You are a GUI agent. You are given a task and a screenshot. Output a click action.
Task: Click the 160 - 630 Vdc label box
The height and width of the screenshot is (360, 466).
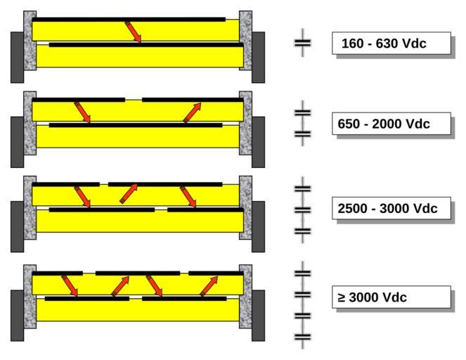click(x=391, y=43)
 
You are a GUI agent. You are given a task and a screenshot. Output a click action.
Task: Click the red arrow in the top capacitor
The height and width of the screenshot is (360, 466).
click(x=133, y=32)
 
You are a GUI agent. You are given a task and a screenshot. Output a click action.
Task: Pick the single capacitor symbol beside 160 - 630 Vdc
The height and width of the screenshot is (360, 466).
click(x=302, y=43)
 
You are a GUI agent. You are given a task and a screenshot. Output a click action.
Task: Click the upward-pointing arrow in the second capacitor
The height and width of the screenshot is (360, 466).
click(x=193, y=112)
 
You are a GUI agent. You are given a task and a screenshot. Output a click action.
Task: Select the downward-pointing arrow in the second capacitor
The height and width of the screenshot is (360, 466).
click(x=82, y=112)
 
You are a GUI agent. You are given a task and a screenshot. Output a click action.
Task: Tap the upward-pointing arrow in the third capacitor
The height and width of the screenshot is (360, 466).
click(x=129, y=193)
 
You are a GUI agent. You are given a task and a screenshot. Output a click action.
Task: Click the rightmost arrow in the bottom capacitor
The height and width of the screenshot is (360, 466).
click(x=209, y=286)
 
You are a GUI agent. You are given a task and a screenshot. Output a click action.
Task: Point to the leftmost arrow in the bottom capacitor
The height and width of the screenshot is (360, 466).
click(x=70, y=285)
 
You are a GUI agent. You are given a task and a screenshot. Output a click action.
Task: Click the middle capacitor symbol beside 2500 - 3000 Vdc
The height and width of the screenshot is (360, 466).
click(x=302, y=210)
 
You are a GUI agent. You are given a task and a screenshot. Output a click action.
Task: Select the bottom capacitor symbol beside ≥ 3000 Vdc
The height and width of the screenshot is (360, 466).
click(x=302, y=337)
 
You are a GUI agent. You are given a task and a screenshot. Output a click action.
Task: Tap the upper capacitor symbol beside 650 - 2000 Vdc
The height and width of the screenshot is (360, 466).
click(x=302, y=112)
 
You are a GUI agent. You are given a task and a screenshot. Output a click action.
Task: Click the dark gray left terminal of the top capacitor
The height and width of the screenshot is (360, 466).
click(x=18, y=57)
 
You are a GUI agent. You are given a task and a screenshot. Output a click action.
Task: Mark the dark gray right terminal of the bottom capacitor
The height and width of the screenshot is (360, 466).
click(x=258, y=316)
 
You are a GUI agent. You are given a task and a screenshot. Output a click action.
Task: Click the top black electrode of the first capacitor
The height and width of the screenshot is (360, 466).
click(x=129, y=20)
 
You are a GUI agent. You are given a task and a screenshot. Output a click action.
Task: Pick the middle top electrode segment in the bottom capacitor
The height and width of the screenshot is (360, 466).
click(x=138, y=274)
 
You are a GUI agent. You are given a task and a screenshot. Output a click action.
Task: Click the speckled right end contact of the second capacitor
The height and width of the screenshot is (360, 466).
click(x=245, y=123)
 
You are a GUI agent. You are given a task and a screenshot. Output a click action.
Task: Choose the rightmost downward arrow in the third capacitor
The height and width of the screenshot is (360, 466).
click(x=188, y=196)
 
